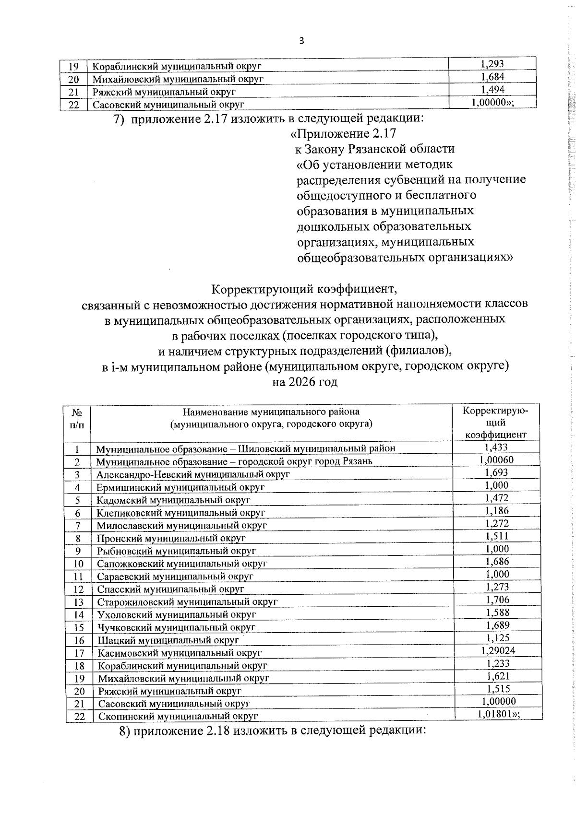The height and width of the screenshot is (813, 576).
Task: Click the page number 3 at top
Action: [301, 41]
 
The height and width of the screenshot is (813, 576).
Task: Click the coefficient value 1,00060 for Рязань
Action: [496, 460]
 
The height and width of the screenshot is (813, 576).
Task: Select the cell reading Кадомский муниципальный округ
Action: [173, 500]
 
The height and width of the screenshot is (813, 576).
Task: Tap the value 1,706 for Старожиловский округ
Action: [497, 600]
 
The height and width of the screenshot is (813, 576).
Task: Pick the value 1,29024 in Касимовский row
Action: [497, 650]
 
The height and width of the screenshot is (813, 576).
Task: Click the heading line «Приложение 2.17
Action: [343, 133]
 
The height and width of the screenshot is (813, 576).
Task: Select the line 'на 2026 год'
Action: [305, 382]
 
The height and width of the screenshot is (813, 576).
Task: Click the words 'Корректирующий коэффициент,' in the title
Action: [304, 290]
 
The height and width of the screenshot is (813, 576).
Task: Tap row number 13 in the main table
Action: [79, 602]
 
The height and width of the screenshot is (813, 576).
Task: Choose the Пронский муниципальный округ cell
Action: [171, 538]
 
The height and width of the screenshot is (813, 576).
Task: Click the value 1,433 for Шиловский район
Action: [496, 447]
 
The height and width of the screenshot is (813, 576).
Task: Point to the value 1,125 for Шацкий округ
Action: [497, 638]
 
